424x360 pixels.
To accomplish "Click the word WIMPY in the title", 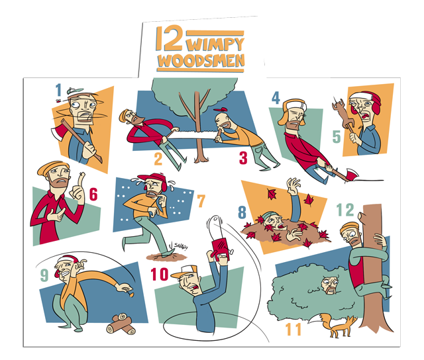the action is [215, 44].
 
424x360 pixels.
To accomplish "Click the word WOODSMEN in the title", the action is [201, 61].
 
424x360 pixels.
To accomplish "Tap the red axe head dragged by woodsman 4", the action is [351, 174].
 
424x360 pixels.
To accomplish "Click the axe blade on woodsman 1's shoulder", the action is [58, 133].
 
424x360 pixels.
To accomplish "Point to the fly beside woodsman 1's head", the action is [58, 101].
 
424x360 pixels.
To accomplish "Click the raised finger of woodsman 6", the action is [81, 180].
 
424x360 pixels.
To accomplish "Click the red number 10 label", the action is [160, 274].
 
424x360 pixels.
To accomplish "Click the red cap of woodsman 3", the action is [221, 110].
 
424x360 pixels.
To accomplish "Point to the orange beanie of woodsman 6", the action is [52, 167].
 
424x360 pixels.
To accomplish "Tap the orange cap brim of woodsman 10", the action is [178, 275].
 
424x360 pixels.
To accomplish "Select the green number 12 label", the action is [345, 210].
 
